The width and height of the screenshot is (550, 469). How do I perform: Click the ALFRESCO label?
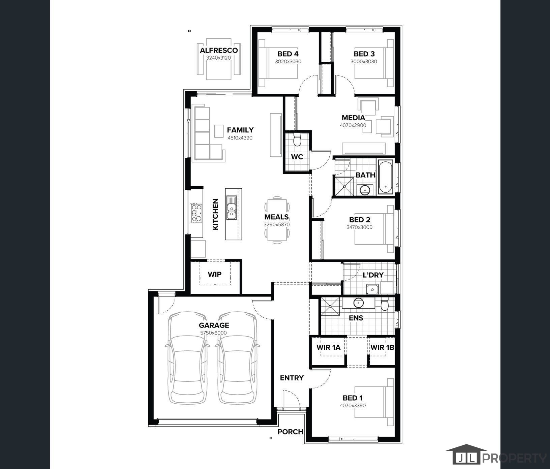(219, 51)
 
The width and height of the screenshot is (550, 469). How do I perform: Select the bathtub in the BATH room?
(385, 178)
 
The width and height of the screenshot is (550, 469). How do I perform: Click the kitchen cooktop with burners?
(196, 213)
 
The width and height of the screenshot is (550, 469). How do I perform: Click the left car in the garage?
(187, 357)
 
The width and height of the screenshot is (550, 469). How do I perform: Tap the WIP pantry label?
(215, 274)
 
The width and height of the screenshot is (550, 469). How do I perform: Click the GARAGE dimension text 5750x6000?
(214, 333)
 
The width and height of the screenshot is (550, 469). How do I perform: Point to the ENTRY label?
(292, 378)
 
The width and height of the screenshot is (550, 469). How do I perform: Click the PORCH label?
(290, 432)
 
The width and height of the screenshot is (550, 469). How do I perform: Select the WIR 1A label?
(328, 347)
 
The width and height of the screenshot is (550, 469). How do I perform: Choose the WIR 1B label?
(382, 347)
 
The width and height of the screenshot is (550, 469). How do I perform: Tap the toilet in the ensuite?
(385, 305)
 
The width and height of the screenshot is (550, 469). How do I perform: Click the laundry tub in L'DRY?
(372, 289)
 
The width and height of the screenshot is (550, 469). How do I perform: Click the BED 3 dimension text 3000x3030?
(364, 62)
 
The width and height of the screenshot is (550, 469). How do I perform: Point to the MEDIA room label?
(353, 118)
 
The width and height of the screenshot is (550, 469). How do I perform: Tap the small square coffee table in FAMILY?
(219, 131)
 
